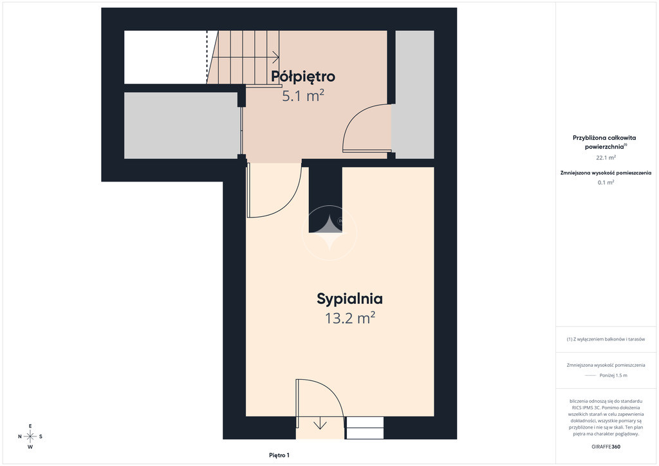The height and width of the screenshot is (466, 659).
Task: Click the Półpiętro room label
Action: coord(302,77)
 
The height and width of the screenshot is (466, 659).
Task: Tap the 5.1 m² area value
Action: coord(302,96)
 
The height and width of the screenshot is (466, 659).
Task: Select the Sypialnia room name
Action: coord(349,299)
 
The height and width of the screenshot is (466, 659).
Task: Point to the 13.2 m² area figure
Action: coord(349,318)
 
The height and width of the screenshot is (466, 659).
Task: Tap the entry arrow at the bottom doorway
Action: coord(320,423)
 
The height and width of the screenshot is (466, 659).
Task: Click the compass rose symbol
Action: coord(30,436)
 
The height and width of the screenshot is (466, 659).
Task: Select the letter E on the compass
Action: coord(30,426)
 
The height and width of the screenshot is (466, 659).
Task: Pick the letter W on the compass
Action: coord(30,447)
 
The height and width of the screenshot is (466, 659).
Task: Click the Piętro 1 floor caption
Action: coord(279,455)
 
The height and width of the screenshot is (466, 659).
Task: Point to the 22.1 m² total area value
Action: coord(606,158)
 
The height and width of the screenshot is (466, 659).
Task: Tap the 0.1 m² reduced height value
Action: coord(606,182)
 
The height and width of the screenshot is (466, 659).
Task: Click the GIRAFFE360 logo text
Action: coord(606,447)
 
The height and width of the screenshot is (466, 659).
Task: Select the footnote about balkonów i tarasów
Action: coord(606,339)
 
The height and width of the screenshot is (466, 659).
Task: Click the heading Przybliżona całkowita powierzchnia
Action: coord(604,142)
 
